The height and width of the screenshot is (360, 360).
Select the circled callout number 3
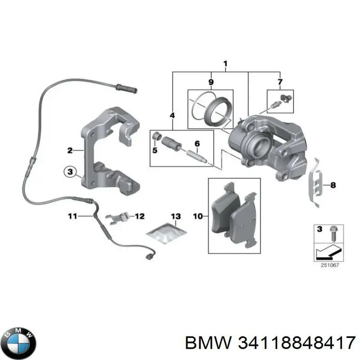click(x=70, y=172)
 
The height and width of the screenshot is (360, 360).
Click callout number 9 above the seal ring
click(x=211, y=82)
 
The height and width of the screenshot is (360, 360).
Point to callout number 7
click(x=280, y=82)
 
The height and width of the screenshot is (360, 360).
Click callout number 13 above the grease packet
click(x=175, y=216)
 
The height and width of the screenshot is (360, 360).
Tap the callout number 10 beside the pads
click(x=198, y=216)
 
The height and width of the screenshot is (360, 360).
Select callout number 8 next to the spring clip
click(x=333, y=184)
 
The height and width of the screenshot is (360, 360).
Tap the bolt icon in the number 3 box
click(x=333, y=232)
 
